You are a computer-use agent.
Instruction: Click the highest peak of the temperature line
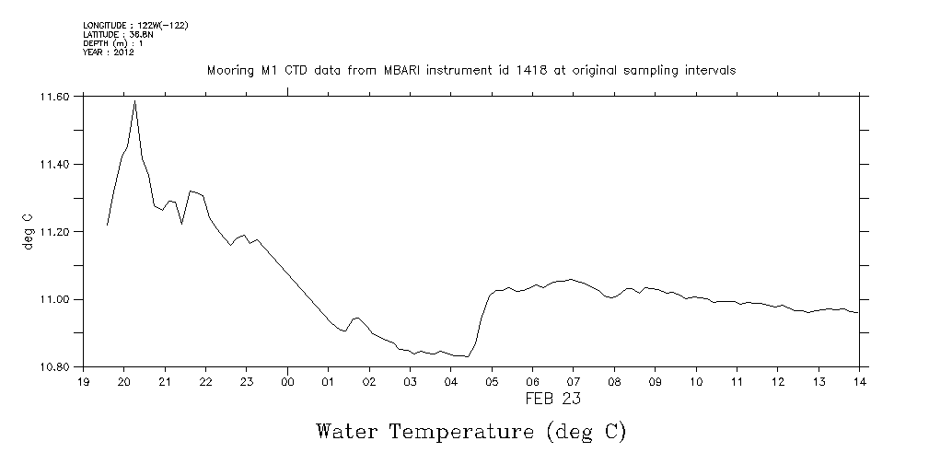[134, 100]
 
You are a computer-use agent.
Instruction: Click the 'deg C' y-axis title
[28, 231]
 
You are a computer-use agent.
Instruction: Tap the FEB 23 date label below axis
[552, 400]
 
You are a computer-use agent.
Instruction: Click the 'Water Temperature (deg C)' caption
[470, 431]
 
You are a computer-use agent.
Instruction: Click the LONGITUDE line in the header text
[135, 25]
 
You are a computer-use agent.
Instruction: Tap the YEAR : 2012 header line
[109, 52]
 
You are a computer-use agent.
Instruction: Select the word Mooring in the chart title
[229, 71]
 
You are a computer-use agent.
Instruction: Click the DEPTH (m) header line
[112, 43]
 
